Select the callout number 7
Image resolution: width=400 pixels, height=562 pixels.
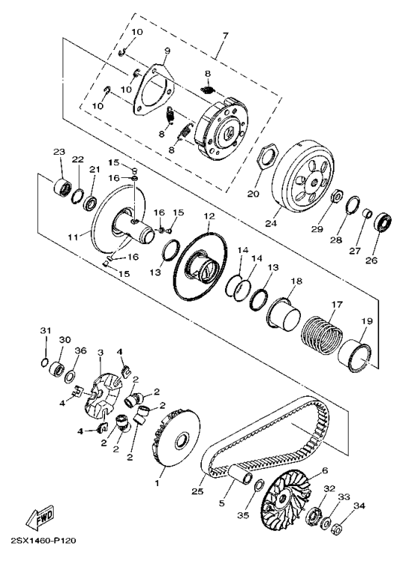tap(225, 36)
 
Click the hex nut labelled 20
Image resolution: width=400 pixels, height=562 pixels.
tap(267, 157)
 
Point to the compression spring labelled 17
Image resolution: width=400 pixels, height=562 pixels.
tap(322, 334)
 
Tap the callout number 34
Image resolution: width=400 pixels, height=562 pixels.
tap(359, 505)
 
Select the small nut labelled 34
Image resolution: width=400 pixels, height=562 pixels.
tap(336, 529)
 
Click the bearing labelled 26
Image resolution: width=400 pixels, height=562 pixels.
tap(382, 223)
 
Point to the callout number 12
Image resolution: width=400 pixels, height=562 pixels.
tap(209, 216)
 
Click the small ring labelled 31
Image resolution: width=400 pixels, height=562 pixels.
tap(44, 362)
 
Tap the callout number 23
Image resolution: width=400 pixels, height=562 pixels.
tap(59, 152)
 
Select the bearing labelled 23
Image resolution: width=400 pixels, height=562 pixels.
tap(62, 187)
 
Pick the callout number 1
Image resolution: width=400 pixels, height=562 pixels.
tap(156, 483)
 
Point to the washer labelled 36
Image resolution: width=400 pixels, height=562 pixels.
tap(70, 377)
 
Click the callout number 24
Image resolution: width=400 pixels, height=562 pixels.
tap(271, 223)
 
